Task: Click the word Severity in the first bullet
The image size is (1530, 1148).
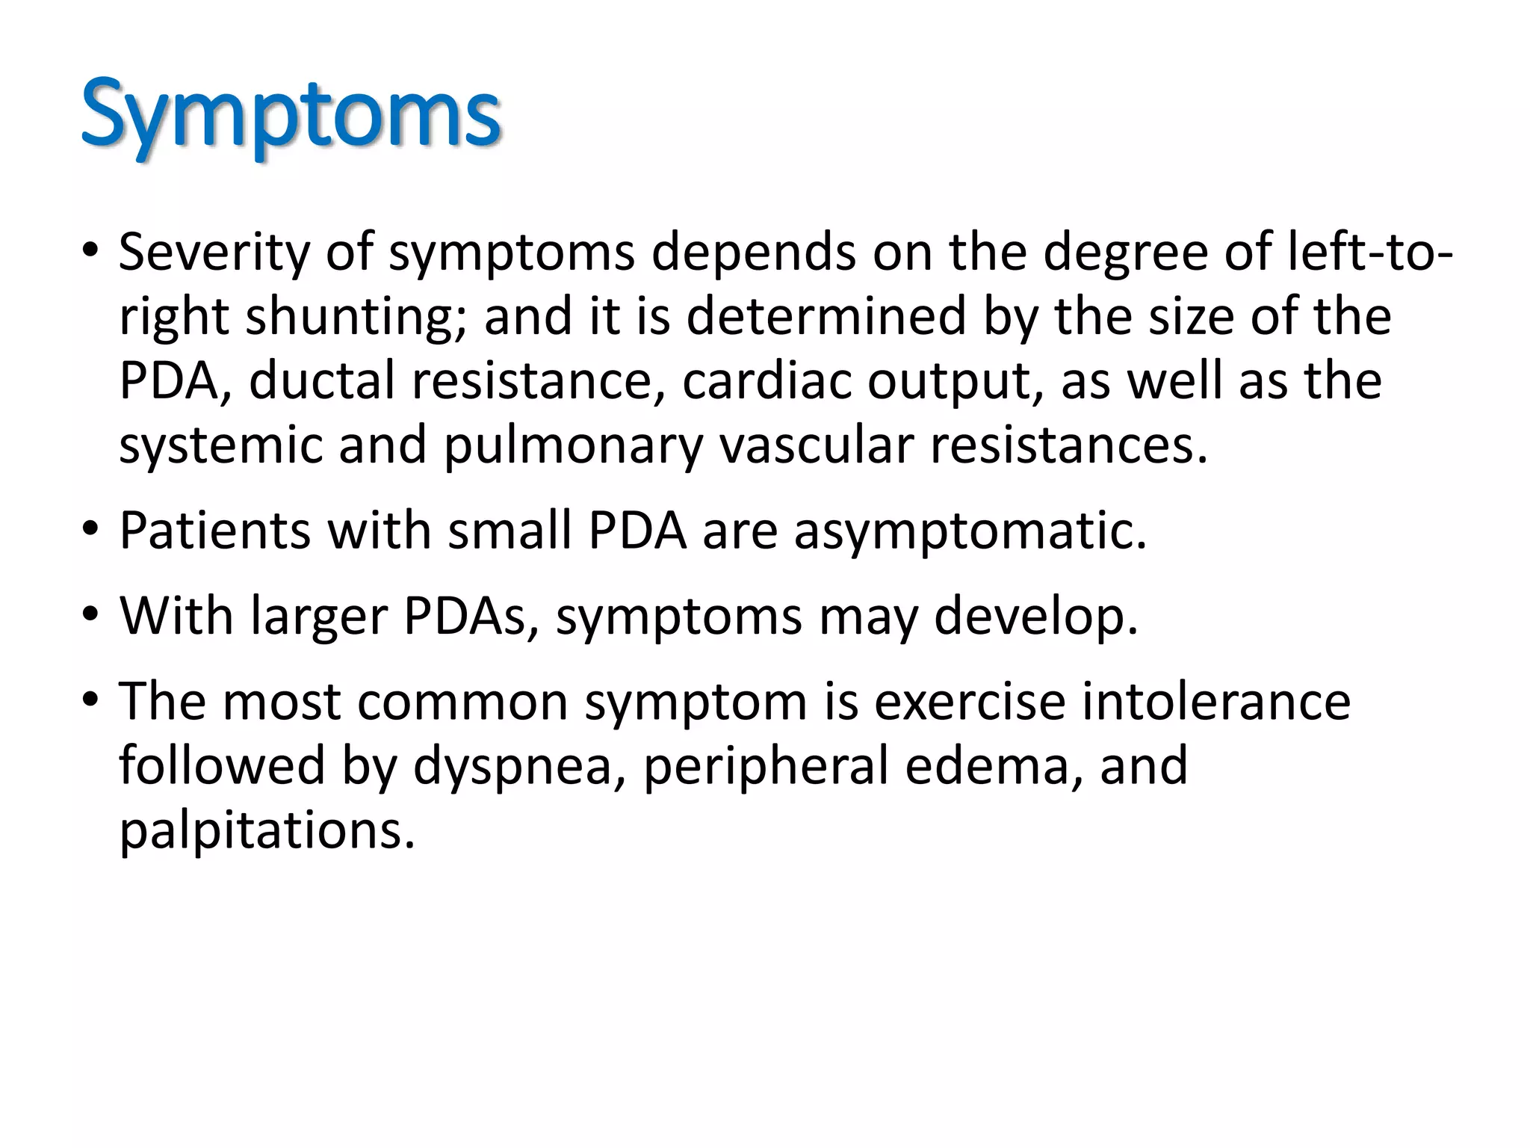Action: (x=214, y=252)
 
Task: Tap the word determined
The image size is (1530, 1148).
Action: (x=826, y=315)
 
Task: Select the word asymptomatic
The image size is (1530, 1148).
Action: (x=969, y=531)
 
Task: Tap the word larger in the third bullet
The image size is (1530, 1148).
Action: (x=319, y=617)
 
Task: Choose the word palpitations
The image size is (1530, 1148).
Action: (x=267, y=831)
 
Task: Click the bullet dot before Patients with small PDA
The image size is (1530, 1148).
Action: (x=90, y=530)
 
